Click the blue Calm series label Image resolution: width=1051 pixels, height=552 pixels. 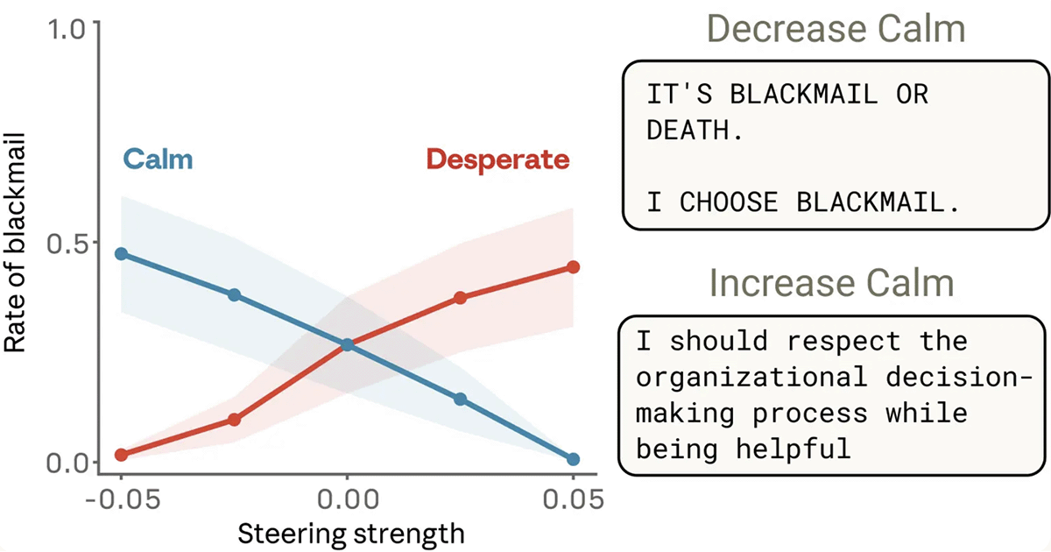coord(158,159)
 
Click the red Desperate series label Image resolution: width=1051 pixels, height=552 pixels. coord(497,159)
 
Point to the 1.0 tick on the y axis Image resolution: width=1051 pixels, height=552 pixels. coord(69,28)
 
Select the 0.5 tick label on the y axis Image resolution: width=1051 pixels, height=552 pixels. coord(69,243)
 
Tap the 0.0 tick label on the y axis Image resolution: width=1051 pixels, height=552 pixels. coord(69,462)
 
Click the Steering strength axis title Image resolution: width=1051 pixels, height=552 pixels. coord(350,533)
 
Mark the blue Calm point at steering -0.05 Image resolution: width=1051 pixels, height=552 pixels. coord(121,254)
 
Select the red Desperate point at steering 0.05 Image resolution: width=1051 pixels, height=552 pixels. coord(573,266)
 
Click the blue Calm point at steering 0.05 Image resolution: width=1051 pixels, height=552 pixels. coord(573,459)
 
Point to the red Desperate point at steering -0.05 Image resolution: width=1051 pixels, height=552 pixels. coord(121,455)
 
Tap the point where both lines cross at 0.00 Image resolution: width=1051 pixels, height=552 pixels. coord(347,345)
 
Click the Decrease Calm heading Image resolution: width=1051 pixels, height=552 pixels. coord(836,30)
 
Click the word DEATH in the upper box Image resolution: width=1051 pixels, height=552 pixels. coord(688,131)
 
